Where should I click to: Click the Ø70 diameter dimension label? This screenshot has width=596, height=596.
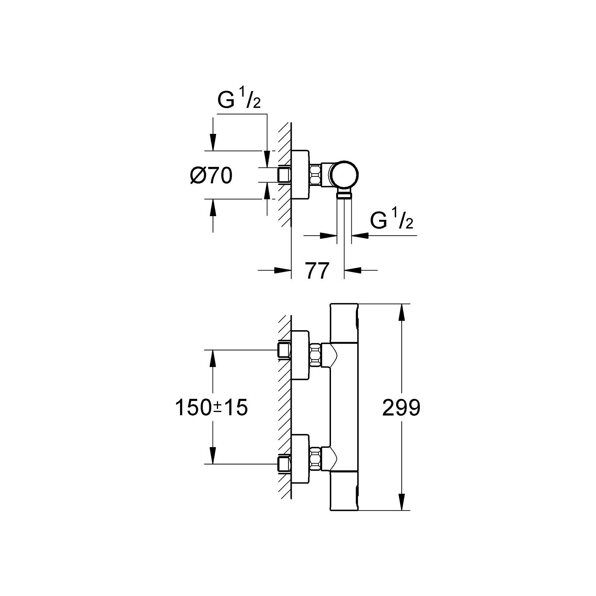(x=211, y=176)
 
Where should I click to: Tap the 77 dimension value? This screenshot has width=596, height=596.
(x=317, y=271)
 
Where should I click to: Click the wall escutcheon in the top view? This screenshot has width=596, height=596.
(x=301, y=175)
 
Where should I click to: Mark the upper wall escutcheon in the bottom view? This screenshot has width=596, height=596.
(x=301, y=354)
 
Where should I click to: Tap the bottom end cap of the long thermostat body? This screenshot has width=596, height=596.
(x=344, y=490)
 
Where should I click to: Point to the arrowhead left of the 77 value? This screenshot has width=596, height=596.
(x=283, y=271)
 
